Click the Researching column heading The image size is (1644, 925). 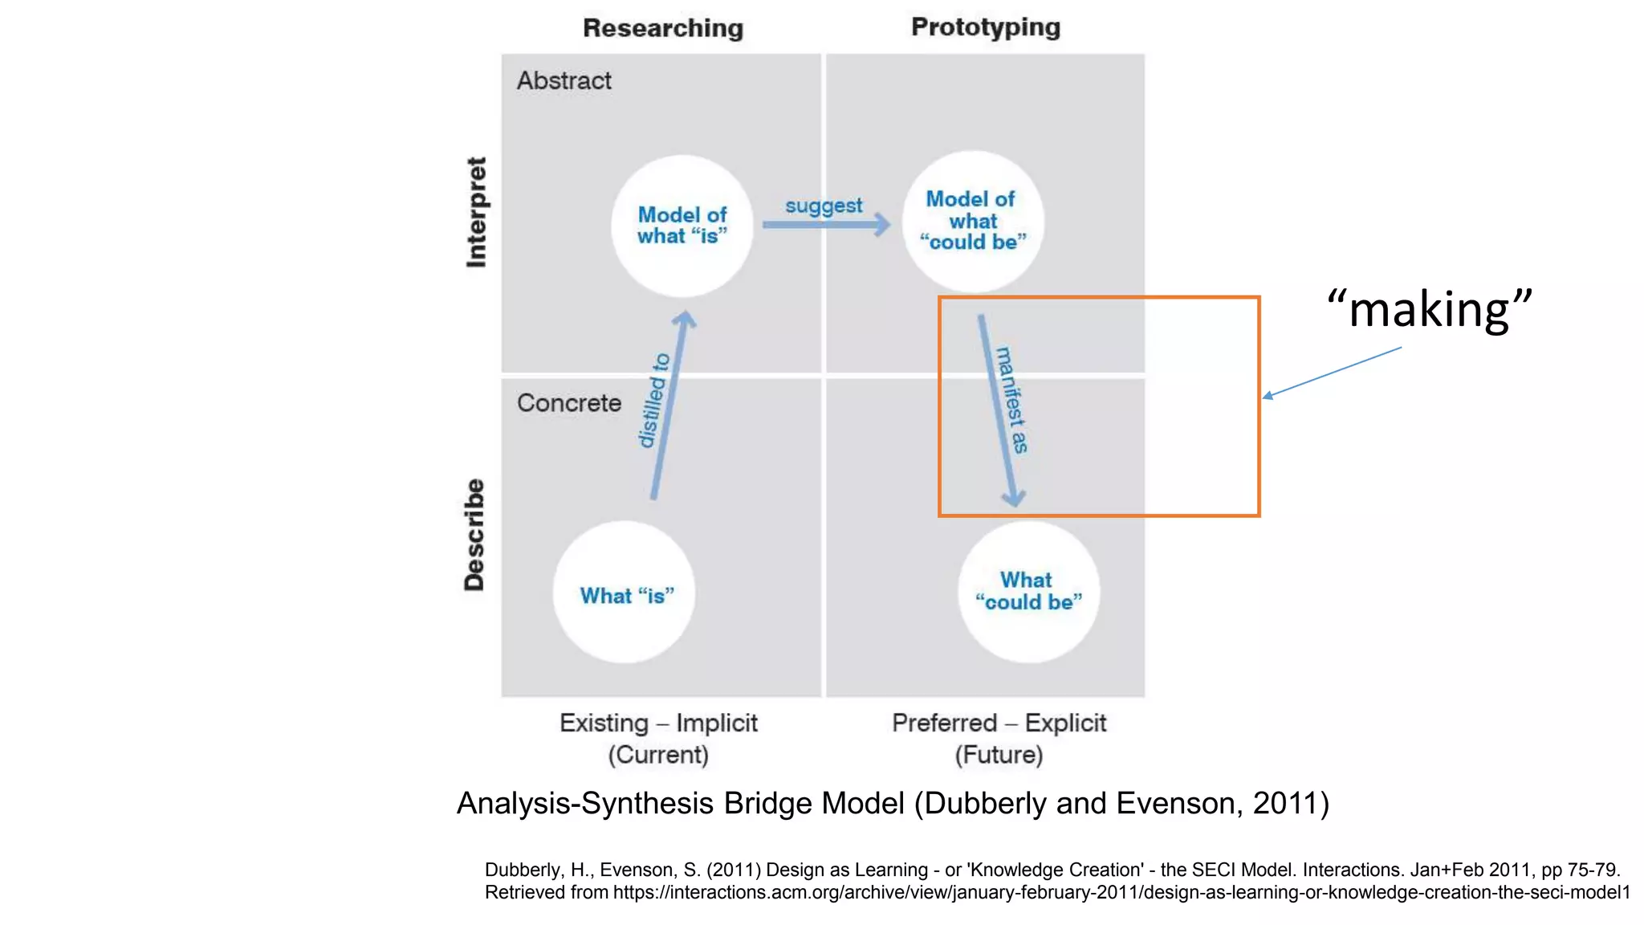pyautogui.click(x=663, y=28)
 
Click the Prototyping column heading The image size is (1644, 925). pyautogui.click(x=986, y=27)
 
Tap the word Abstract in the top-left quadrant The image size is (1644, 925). pyautogui.click(x=564, y=80)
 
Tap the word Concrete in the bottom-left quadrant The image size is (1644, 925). pyautogui.click(x=568, y=402)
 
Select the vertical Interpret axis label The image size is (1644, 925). pyautogui.click(x=476, y=212)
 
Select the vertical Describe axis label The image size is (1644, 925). pyautogui.click(x=474, y=535)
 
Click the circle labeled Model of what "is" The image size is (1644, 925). pyautogui.click(x=682, y=226)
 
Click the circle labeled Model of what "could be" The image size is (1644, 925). pyautogui.click(x=973, y=221)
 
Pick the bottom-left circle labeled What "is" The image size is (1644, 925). pyautogui.click(x=625, y=593)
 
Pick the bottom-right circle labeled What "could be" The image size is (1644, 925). pyautogui.click(x=1028, y=592)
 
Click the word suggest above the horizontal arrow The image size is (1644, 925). pyautogui.click(x=824, y=206)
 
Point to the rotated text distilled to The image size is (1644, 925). pyautogui.click(x=653, y=400)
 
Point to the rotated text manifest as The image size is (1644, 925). pyautogui.click(x=1012, y=400)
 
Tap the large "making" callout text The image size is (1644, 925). pyautogui.click(x=1429, y=309)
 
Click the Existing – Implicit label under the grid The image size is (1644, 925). pyautogui.click(x=658, y=723)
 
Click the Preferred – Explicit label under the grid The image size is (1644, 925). pyautogui.click(x=999, y=723)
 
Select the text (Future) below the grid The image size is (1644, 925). pyautogui.click(x=999, y=755)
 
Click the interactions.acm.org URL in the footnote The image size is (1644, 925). pyautogui.click(x=1121, y=892)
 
